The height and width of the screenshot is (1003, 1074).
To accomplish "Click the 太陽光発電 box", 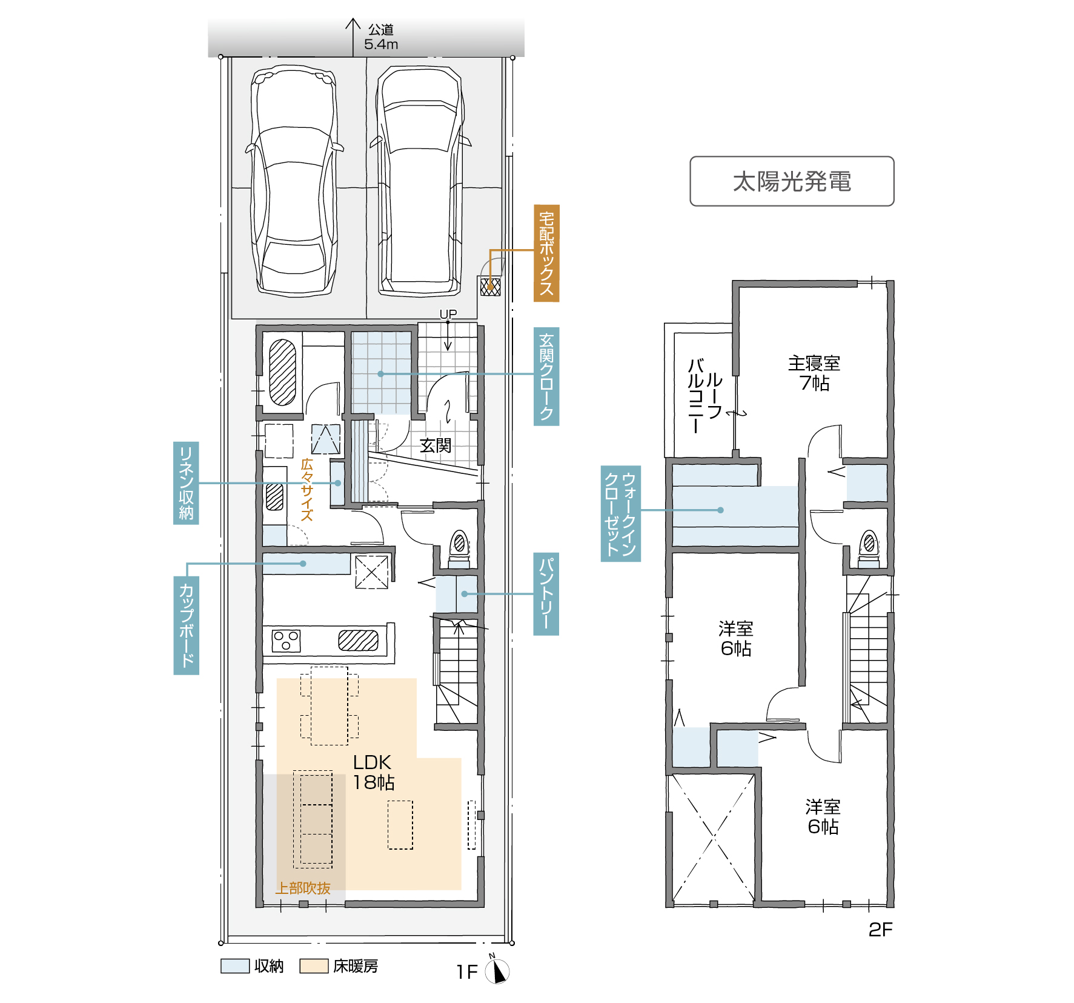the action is point(792,181).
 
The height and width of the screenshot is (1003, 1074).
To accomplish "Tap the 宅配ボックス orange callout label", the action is point(546,253).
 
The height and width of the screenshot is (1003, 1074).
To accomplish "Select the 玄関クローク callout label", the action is point(546,376).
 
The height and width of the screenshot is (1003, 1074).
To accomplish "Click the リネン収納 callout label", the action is point(186,483).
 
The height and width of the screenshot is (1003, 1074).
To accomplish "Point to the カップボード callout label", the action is point(186,625).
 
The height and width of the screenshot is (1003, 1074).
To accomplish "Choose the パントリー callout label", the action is point(546,594).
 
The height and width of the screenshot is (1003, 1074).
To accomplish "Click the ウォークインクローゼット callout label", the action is point(621,513).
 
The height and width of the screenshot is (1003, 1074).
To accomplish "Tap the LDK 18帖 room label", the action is point(373,772).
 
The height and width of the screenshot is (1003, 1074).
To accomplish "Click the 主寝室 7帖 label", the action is point(814,373).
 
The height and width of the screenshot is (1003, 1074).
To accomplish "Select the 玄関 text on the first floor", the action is point(436,445).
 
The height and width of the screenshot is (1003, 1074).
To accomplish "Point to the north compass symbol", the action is point(497,971).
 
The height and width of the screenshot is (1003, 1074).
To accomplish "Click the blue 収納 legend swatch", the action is point(235,966).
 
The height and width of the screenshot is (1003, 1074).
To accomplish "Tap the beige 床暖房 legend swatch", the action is point(314,966).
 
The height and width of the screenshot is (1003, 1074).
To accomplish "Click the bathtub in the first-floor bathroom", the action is point(282,372).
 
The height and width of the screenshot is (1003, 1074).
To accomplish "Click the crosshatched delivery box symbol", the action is point(490,286).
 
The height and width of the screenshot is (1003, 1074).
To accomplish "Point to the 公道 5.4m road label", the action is point(381,37).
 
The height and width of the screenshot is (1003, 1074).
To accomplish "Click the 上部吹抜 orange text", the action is point(303,888).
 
